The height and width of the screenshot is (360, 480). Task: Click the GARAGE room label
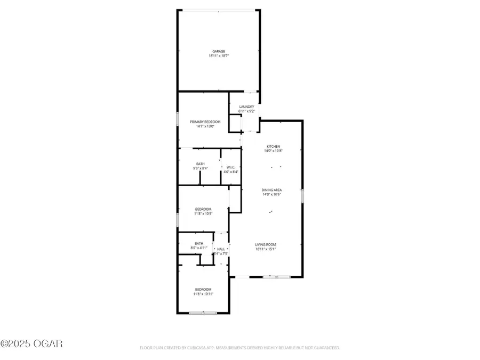pyautogui.click(x=219, y=51)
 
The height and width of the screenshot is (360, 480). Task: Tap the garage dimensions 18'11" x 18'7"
pyautogui.click(x=219, y=55)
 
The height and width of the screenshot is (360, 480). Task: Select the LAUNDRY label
pyautogui.click(x=247, y=107)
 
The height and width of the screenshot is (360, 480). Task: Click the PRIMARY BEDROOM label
pyautogui.click(x=205, y=122)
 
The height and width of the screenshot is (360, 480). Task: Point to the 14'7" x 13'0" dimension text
pyautogui.click(x=205, y=126)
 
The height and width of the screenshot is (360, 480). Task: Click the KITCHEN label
pyautogui.click(x=274, y=146)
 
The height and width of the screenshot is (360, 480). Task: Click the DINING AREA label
pyautogui.click(x=272, y=190)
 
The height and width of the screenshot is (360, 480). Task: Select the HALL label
pyautogui.click(x=221, y=249)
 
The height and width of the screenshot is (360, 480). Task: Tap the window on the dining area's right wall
pyautogui.click(x=302, y=196)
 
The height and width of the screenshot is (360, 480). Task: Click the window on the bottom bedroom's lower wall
pyautogui.click(x=203, y=314)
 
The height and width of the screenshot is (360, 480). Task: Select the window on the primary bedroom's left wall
pyautogui.click(x=178, y=118)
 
